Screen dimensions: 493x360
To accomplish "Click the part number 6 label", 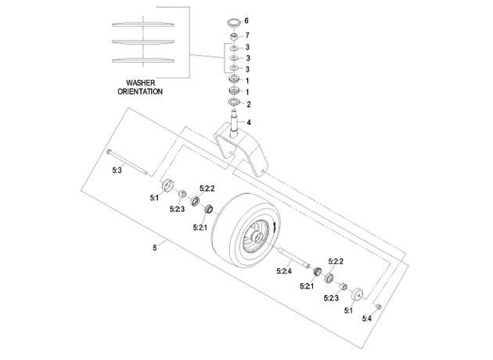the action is tap(246, 20).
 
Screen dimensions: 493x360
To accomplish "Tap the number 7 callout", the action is tap(247, 35).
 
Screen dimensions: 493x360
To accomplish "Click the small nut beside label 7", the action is tap(234, 37).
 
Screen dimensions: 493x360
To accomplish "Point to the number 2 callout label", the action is tap(249, 104).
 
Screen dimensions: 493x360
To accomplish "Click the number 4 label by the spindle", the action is tap(249, 122).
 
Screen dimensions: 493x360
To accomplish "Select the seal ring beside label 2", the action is tap(234, 102).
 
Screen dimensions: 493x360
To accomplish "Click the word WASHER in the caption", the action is tap(141, 83).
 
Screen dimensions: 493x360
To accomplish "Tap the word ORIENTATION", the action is tap(140, 92).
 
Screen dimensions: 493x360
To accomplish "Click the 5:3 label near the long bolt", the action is tap(117, 170).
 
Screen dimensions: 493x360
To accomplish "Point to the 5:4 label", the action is tap(366, 319).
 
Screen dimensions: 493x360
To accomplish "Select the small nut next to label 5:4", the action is tap(379, 306).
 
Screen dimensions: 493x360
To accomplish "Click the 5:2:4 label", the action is tap(284, 271).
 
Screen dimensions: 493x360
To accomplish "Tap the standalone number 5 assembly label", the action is tap(154, 248).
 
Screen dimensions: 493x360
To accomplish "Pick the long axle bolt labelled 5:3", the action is tap(128, 162).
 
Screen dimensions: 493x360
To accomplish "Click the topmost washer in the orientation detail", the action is tap(143, 24).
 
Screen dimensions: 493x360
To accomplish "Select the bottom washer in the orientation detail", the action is tap(143, 60).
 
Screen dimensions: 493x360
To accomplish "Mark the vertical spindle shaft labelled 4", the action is tap(235, 123).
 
